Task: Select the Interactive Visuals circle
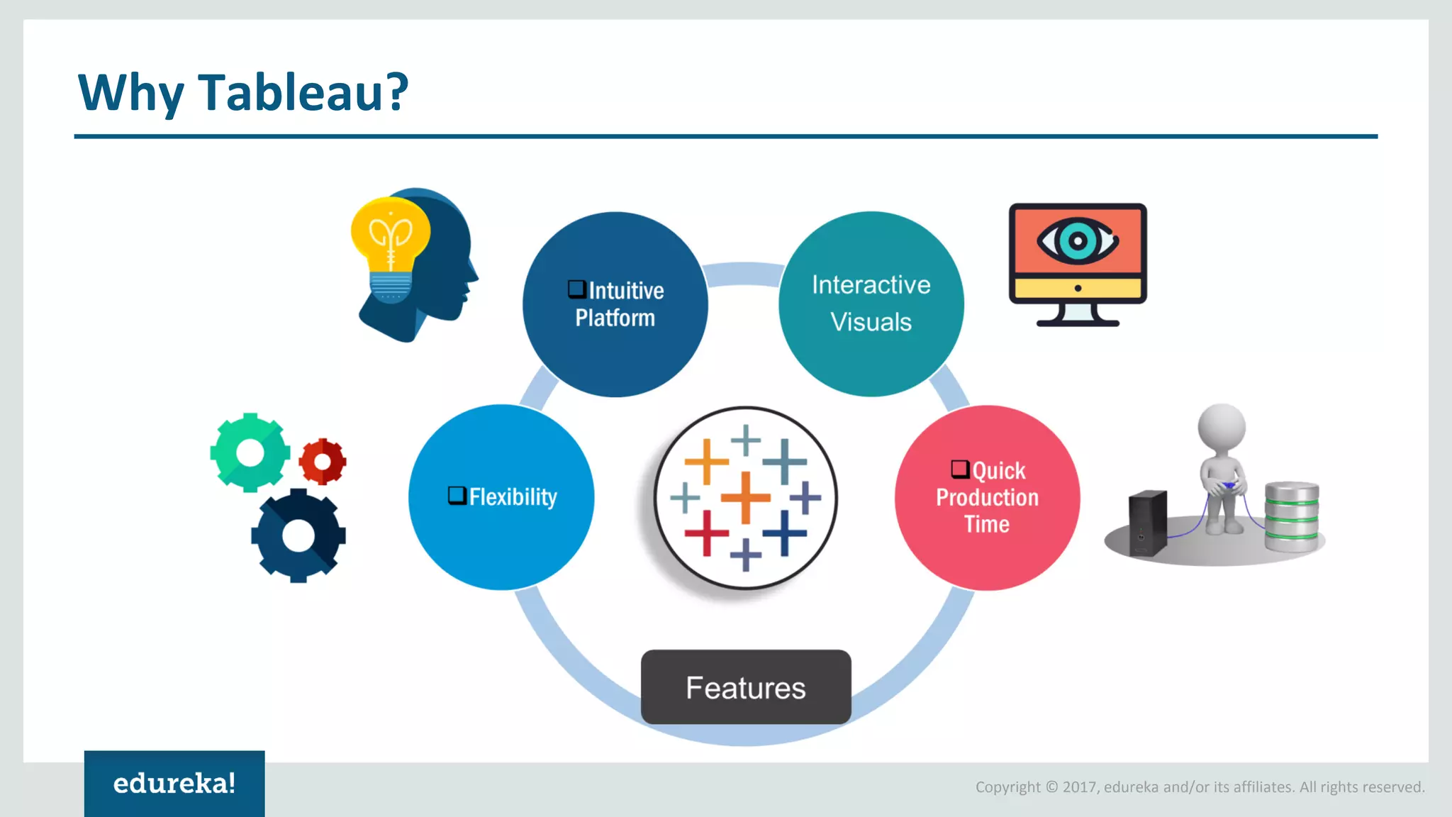click(871, 304)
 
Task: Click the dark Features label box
click(746, 687)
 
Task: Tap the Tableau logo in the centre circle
click(745, 497)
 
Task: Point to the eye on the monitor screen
click(1078, 241)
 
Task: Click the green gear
click(250, 452)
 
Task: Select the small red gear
click(323, 462)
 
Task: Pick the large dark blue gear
click(298, 536)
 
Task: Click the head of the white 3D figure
click(1222, 428)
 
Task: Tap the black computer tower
click(1147, 523)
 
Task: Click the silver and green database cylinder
click(1292, 516)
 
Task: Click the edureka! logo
click(174, 784)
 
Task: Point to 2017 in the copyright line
click(1079, 787)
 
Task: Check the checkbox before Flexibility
click(457, 495)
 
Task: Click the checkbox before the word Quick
click(960, 469)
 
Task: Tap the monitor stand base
click(1078, 323)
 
